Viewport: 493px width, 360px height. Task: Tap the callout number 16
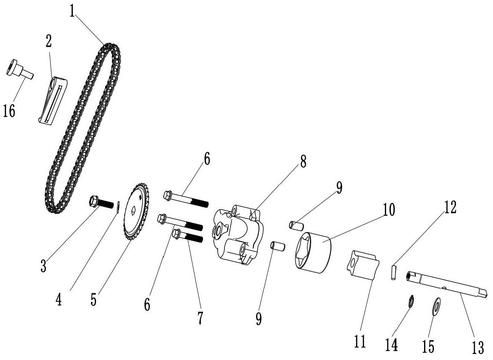pyautogui.click(x=9, y=111)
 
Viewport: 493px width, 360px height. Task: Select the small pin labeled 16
pyautogui.click(x=19, y=70)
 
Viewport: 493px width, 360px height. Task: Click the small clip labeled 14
pyautogui.click(x=411, y=301)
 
